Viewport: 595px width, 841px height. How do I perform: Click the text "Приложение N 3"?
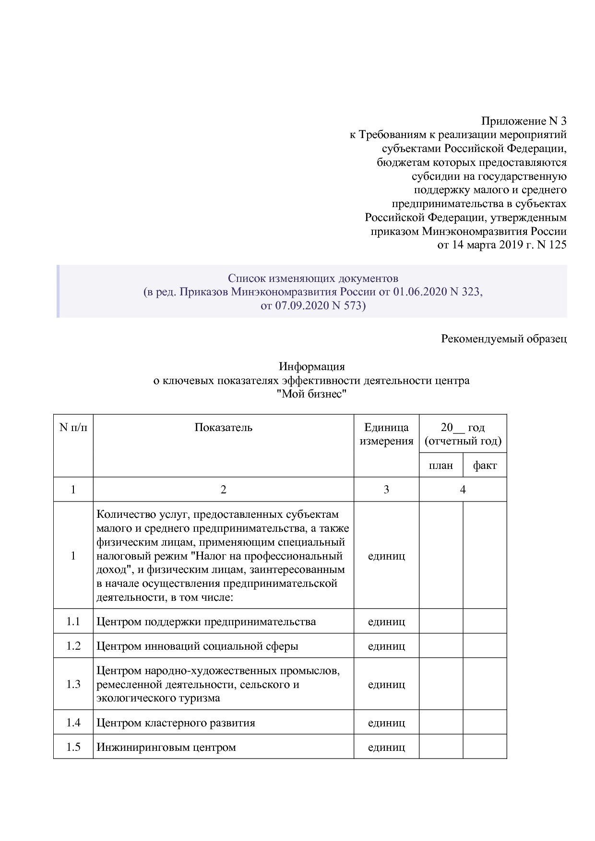coord(524,121)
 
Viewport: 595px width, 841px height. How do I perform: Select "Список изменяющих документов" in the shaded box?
coord(313,278)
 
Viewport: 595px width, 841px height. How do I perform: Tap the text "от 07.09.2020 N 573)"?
coord(313,305)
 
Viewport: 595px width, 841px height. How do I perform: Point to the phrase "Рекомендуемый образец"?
coord(503,339)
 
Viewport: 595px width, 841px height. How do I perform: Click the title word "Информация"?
coord(312,367)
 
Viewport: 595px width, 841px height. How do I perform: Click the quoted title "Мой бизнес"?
coord(312,394)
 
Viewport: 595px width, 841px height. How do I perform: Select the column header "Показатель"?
coord(223,427)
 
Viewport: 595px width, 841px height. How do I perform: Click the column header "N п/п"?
coord(73,427)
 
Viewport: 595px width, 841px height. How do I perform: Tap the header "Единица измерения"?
coord(386,434)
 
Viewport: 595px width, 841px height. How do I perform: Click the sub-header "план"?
coord(441,465)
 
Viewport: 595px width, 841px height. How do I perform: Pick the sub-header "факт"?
coord(485,465)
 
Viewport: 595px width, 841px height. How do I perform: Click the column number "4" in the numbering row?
coord(463,490)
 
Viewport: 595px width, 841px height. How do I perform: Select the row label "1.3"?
coord(73,684)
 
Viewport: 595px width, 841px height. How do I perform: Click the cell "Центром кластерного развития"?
coord(176,723)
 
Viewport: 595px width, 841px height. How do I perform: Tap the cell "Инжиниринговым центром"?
coord(166,747)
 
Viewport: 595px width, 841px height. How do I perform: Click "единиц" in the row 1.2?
coord(386,646)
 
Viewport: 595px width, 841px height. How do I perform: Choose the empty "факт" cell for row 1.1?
coord(485,621)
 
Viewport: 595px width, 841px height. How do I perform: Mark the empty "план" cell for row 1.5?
coord(441,747)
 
